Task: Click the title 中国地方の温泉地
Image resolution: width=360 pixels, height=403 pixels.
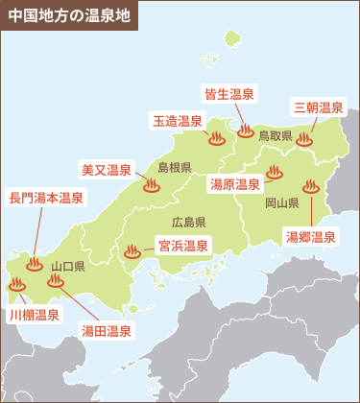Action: [x=67, y=16]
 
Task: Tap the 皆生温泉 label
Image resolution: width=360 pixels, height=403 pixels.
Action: [x=229, y=94]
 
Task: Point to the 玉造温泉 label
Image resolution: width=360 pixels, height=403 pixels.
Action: [x=178, y=121]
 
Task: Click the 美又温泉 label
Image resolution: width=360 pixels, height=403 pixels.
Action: [x=106, y=170]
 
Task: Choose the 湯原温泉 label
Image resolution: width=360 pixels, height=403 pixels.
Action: [x=235, y=183]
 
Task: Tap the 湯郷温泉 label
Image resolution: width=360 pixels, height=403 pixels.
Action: [x=310, y=236]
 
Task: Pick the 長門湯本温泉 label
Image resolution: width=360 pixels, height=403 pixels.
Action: [x=46, y=199]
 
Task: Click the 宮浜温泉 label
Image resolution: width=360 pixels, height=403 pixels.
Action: [x=183, y=246]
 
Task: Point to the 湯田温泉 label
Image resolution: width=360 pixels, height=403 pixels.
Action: [x=106, y=330]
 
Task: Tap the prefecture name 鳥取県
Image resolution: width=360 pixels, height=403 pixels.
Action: [x=275, y=136]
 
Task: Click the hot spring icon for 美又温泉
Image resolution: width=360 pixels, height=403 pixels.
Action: [x=151, y=186]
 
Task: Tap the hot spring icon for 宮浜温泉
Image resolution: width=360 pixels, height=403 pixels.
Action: [x=132, y=252]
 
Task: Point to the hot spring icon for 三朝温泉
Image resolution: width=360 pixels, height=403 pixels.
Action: [x=304, y=139]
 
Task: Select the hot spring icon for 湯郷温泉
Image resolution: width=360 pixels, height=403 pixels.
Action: [x=309, y=187]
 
